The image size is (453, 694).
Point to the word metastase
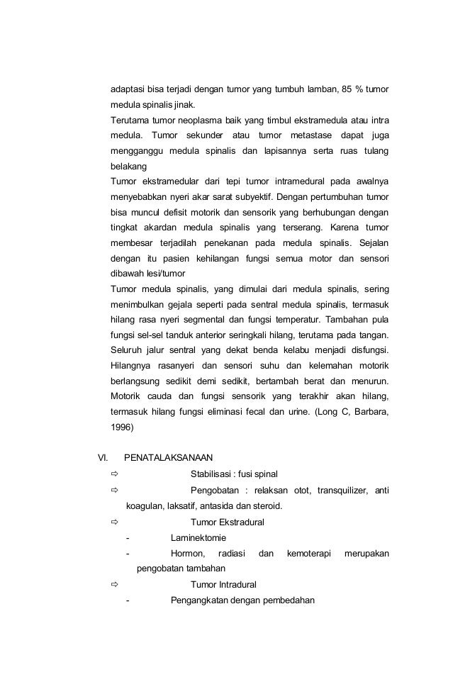pos(308,135)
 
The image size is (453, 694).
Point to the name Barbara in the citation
pos(371,410)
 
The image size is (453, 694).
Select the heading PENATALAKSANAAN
pos(167,457)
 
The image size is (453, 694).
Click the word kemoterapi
pos(309,553)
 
